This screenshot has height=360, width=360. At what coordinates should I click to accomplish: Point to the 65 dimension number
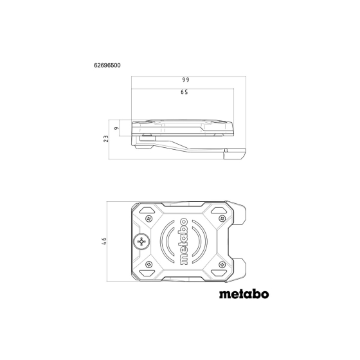tap(184, 93)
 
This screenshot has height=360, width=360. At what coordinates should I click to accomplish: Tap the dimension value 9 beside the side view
tap(116, 129)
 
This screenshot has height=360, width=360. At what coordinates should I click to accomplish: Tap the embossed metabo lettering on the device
tap(183, 241)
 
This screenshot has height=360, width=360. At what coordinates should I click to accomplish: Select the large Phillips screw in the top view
tap(141, 242)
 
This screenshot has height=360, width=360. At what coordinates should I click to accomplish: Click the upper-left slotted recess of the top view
tap(147, 211)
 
